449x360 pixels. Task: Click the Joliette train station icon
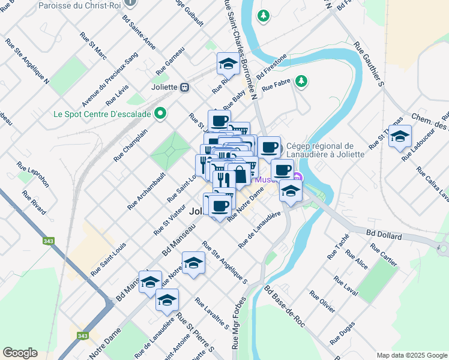point(185,86)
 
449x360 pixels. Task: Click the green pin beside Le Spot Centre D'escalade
point(160,113)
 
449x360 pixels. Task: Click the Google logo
point(20,353)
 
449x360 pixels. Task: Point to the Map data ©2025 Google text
point(412,355)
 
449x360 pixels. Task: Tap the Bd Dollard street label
point(384,234)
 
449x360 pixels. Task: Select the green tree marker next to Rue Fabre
point(301,80)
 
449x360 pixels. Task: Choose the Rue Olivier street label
point(322,302)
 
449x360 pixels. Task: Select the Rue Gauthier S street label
point(369,64)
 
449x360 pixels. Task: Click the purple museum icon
point(298,178)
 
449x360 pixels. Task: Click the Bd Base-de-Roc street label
point(285,306)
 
